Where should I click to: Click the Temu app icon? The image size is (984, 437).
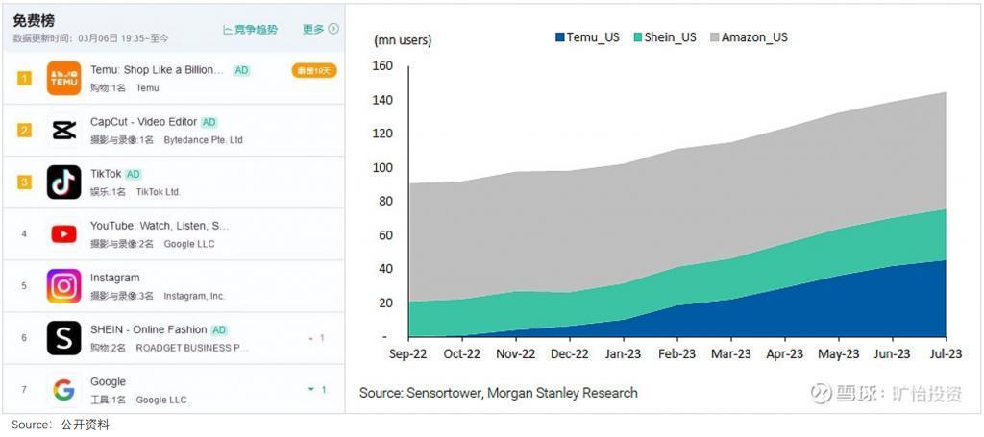click(x=64, y=78)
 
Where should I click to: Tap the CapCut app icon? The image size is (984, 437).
click(x=64, y=130)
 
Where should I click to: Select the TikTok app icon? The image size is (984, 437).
click(x=64, y=182)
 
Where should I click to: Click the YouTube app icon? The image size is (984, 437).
click(x=64, y=233)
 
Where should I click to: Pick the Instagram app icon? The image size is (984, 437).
click(x=64, y=285)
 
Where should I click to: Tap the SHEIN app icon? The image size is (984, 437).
click(x=64, y=337)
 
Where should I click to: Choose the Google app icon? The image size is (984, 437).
click(x=64, y=389)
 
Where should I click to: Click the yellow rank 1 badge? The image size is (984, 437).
click(x=24, y=78)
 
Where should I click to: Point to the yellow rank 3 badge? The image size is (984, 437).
click(x=24, y=182)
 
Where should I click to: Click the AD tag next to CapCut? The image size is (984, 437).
click(x=209, y=122)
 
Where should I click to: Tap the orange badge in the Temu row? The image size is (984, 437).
click(x=313, y=70)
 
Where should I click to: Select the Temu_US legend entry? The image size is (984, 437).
click(x=587, y=37)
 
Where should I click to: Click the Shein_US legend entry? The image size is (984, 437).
click(x=664, y=37)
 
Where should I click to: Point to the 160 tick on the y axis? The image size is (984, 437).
click(x=382, y=66)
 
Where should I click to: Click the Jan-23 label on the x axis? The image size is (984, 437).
click(x=623, y=353)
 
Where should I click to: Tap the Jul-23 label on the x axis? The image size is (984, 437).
click(x=945, y=353)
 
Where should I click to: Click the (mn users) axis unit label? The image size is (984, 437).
click(x=403, y=40)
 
